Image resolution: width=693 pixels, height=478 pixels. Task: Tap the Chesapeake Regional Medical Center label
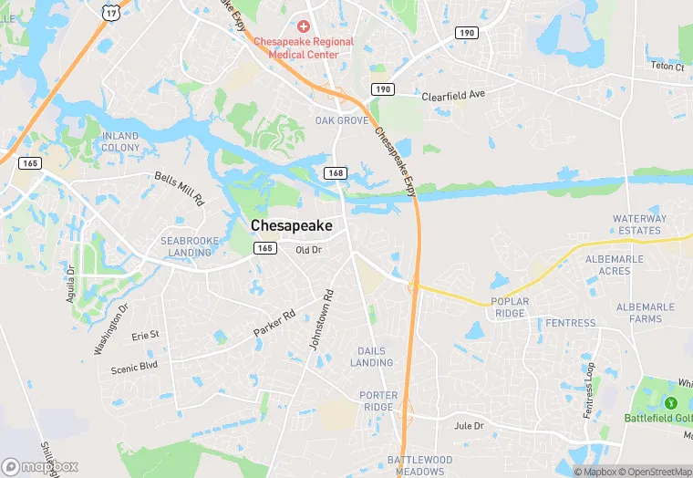pyautogui.click(x=296, y=47)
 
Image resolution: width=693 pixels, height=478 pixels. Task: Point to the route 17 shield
pyautogui.click(x=111, y=11)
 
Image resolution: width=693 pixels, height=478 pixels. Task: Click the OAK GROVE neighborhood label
pyautogui.click(x=342, y=120)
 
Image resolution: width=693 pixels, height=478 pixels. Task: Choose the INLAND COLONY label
pyautogui.click(x=120, y=141)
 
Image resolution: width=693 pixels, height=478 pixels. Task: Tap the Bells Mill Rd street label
pyautogui.click(x=180, y=188)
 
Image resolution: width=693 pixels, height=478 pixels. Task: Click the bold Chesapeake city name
pyautogui.click(x=292, y=224)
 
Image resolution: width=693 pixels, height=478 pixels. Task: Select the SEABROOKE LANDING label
pyautogui.click(x=190, y=246)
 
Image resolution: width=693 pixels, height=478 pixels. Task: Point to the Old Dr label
pyautogui.click(x=308, y=250)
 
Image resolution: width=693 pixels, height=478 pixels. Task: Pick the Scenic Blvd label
pyautogui.click(x=134, y=367)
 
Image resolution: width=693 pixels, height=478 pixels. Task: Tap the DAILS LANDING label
pyautogui.click(x=371, y=357)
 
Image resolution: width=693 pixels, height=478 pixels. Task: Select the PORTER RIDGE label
pyautogui.click(x=378, y=400)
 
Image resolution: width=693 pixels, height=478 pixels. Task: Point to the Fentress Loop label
pyautogui.click(x=589, y=390)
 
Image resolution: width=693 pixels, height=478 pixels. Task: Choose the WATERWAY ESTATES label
pyautogui.click(x=639, y=224)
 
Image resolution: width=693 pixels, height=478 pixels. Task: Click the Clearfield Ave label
pyautogui.click(x=453, y=95)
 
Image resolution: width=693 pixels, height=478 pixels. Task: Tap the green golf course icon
pyautogui.click(x=671, y=402)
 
